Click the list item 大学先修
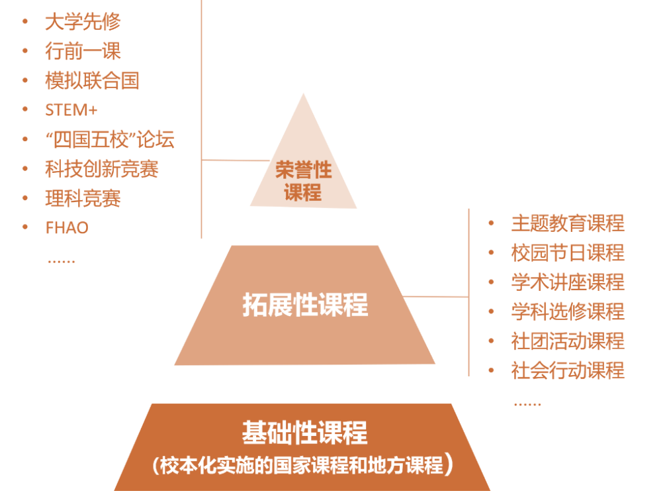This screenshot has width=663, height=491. click(x=83, y=22)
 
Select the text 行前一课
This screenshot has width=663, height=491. click(x=83, y=51)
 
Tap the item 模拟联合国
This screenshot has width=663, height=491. click(x=92, y=81)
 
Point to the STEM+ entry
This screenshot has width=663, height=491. click(x=71, y=110)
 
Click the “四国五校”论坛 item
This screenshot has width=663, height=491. click(x=110, y=140)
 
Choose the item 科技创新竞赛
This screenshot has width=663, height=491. click(x=102, y=169)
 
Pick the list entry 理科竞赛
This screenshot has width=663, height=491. click(x=83, y=198)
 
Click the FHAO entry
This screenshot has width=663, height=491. click(x=67, y=227)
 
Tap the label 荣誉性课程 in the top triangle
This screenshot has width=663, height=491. click(x=303, y=181)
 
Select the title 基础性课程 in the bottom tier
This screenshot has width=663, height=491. click(x=304, y=433)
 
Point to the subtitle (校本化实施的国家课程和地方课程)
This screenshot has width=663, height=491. click(x=302, y=464)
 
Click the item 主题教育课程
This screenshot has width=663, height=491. click(x=568, y=223)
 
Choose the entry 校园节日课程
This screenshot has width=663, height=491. click(x=568, y=252)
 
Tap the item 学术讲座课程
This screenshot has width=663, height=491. click(x=568, y=282)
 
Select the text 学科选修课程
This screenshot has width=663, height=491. click(x=568, y=311)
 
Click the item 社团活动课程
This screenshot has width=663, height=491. click(x=568, y=341)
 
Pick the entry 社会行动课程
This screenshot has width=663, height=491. click(x=568, y=370)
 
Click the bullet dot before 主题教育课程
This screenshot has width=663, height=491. click(x=491, y=223)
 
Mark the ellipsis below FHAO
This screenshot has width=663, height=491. click(x=62, y=260)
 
